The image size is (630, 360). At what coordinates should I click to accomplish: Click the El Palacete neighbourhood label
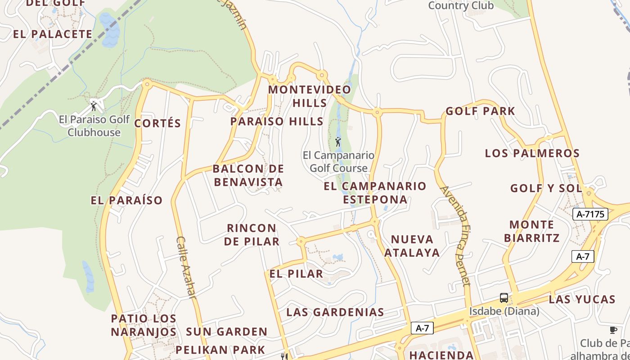[53, 34]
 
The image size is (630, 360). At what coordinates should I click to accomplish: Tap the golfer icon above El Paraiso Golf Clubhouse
[94, 106]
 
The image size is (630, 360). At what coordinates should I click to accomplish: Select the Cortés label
[157, 124]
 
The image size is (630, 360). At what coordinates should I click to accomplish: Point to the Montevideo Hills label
[310, 96]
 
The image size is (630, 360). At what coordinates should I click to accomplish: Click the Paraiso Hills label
[277, 121]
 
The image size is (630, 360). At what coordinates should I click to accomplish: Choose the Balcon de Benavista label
[248, 175]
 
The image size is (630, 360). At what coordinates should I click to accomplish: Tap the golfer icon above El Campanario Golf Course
[338, 142]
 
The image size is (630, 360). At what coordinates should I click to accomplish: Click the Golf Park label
[480, 112]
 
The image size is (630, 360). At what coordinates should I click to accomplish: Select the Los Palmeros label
[532, 153]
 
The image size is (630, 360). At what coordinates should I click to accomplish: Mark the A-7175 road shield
[590, 214]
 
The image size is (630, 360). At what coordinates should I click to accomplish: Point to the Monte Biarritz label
[532, 231]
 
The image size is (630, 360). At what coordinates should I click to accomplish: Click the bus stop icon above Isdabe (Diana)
[504, 298]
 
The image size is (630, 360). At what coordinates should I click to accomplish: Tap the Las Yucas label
[582, 300]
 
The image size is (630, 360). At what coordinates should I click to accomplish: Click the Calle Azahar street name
[186, 268]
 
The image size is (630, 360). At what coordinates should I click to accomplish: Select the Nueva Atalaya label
[412, 246]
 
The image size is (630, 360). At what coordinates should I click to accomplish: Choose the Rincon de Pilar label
[252, 234]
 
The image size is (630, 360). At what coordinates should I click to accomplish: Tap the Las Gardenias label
[335, 312]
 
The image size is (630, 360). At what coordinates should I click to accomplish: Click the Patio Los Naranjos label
[144, 325]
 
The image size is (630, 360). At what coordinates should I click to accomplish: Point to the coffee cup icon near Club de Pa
[613, 330]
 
